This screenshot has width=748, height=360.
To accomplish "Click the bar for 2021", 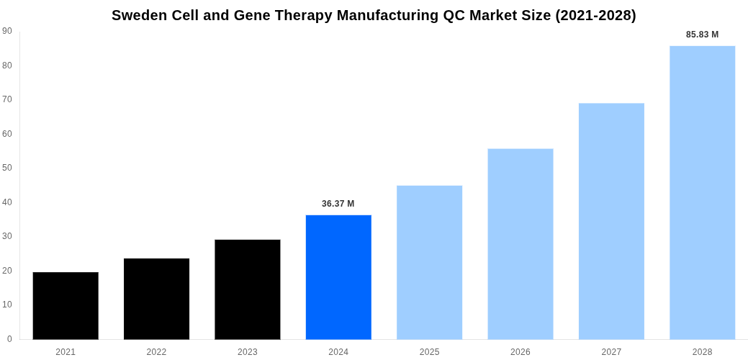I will (66, 306).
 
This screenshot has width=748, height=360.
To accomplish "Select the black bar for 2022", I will (156, 299).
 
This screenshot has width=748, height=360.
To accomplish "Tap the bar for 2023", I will (248, 289).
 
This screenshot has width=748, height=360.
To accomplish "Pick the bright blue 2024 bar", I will (338, 277).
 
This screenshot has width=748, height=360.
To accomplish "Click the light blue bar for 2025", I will (429, 263).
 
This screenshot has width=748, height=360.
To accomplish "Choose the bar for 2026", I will (521, 244).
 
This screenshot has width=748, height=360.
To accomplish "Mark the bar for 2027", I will (611, 221).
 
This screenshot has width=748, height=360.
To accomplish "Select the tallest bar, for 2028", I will (702, 193).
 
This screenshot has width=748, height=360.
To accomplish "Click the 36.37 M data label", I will (338, 204).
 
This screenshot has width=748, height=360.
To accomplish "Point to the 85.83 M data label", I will (702, 35).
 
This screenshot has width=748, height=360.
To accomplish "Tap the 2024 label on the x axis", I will (338, 352).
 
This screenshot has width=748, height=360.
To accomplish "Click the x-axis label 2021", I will (66, 352).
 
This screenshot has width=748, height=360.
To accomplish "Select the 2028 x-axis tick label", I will (702, 352).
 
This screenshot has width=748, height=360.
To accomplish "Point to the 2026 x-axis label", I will (521, 352).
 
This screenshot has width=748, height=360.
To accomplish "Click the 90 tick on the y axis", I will (7, 31).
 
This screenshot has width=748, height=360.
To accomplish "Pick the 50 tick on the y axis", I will (7, 168).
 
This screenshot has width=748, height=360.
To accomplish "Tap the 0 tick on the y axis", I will (9, 339).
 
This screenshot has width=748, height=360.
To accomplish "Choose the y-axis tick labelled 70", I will (7, 99).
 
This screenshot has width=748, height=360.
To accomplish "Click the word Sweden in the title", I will (139, 15).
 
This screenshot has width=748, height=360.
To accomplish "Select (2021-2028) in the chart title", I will (595, 15).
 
